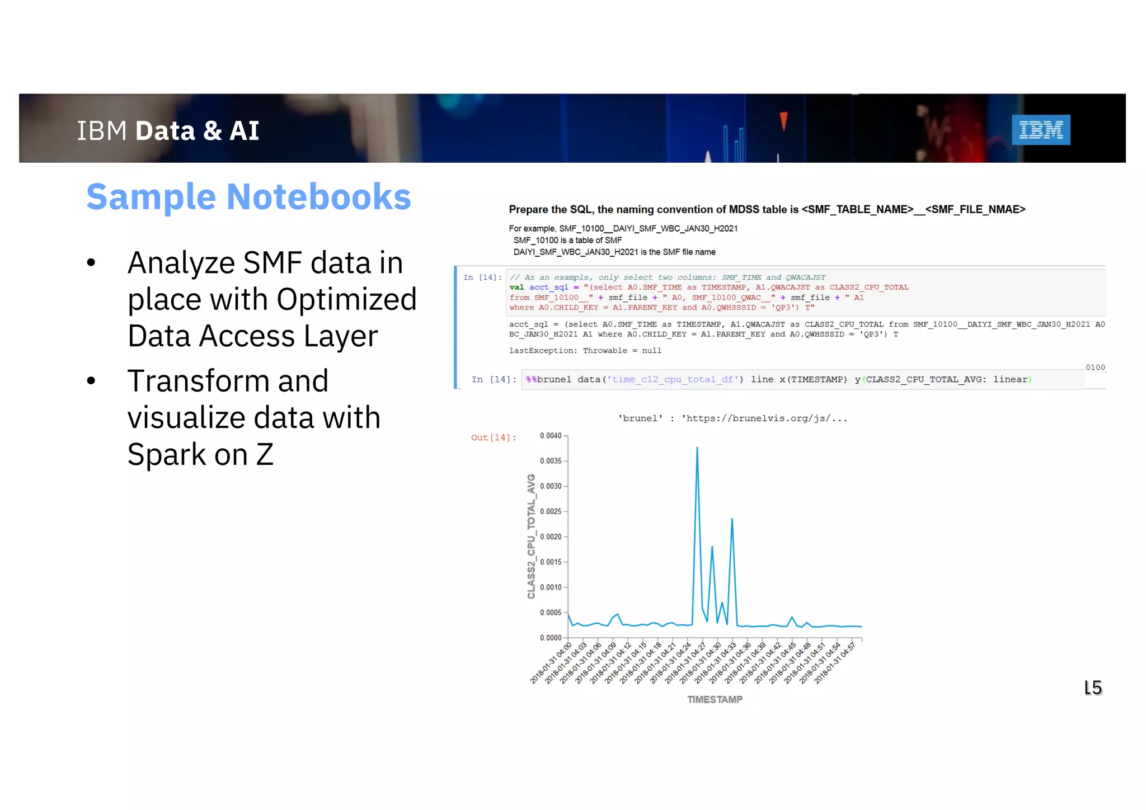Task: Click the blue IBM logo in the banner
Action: [x=1040, y=130]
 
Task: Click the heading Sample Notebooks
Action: [x=248, y=197]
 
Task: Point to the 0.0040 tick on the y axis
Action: [x=551, y=436]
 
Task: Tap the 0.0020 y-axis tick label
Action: [x=551, y=536]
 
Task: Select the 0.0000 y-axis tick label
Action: [x=551, y=638]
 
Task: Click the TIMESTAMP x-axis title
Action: [x=715, y=699]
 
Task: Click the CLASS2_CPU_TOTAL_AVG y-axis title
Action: [x=531, y=536]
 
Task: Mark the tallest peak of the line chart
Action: [x=697, y=448]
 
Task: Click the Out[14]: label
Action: [x=493, y=437]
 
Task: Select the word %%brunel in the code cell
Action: [x=548, y=379]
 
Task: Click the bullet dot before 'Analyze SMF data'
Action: [x=91, y=263]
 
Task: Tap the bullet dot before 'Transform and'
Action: [x=91, y=381]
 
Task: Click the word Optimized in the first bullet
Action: [x=346, y=299]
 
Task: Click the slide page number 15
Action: [x=1093, y=687]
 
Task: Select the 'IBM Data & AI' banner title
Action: [x=168, y=131]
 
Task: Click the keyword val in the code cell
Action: [x=516, y=288]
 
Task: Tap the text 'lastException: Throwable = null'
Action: [x=585, y=351]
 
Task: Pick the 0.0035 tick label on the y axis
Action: [x=551, y=461]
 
